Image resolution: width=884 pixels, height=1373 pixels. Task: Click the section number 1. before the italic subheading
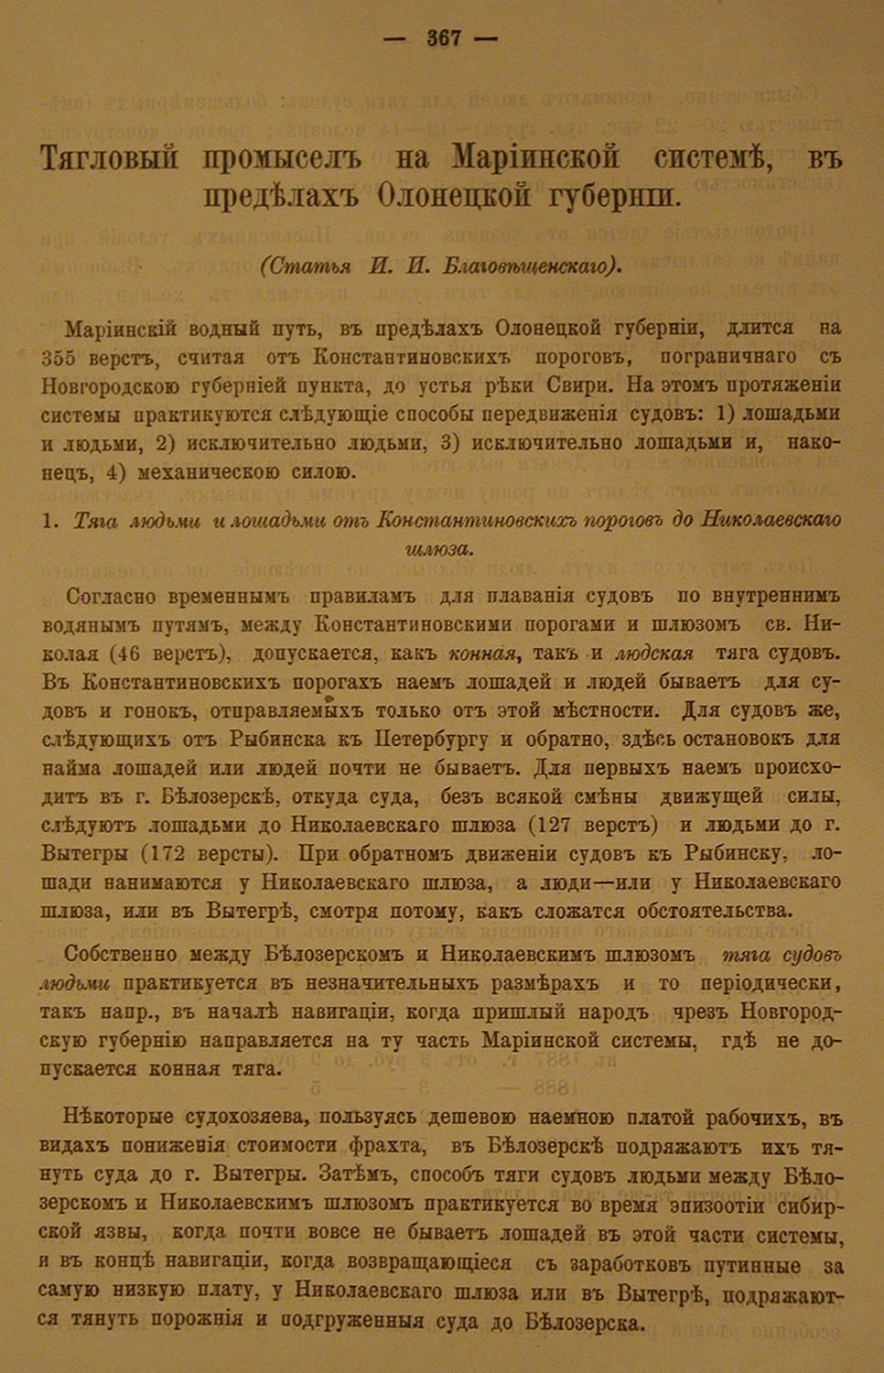pos(52,520)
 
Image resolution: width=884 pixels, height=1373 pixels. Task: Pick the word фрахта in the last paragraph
pos(370,1146)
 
